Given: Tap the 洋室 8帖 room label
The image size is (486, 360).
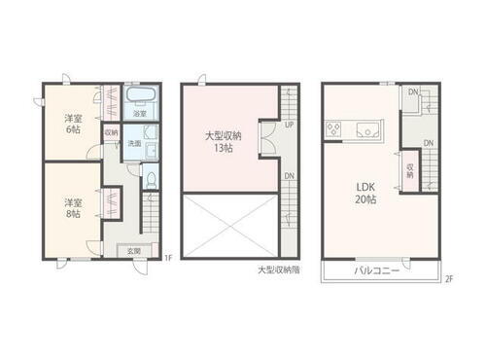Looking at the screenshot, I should [72, 208].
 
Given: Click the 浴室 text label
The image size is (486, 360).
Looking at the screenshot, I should [139, 114].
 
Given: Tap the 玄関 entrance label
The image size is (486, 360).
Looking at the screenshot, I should [133, 251].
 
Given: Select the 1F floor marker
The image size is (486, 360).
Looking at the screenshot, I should [167, 258].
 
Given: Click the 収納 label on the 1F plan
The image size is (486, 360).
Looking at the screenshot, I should [111, 132].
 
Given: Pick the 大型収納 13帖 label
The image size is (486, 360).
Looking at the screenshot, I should [220, 143].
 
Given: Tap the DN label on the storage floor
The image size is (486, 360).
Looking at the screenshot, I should [289, 176].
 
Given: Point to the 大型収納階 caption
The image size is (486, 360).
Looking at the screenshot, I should [279, 270].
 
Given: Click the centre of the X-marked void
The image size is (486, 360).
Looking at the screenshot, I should [229, 225].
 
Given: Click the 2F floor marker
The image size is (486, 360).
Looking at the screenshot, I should [449, 280].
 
